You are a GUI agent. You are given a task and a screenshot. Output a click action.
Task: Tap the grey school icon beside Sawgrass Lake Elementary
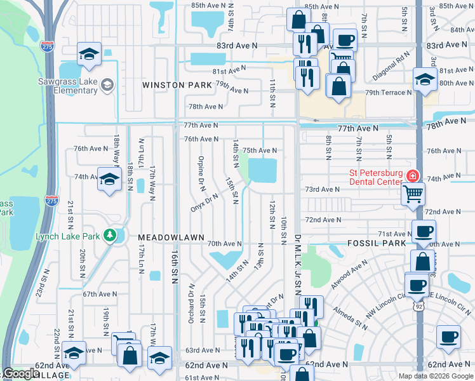point(107,84)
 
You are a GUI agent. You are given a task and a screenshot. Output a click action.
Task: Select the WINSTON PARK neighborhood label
point(177,85)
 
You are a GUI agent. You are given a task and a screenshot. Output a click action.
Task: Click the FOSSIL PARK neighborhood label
point(376,243)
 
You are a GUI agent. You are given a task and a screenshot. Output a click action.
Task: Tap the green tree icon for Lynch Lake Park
point(111,236)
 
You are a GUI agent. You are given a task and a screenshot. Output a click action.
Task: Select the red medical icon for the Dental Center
point(413,175)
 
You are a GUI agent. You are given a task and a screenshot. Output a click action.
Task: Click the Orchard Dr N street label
point(190,303)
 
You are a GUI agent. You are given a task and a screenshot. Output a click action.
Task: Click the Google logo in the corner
point(22,373)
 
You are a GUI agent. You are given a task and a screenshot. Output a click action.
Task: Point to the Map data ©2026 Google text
point(435,376)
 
